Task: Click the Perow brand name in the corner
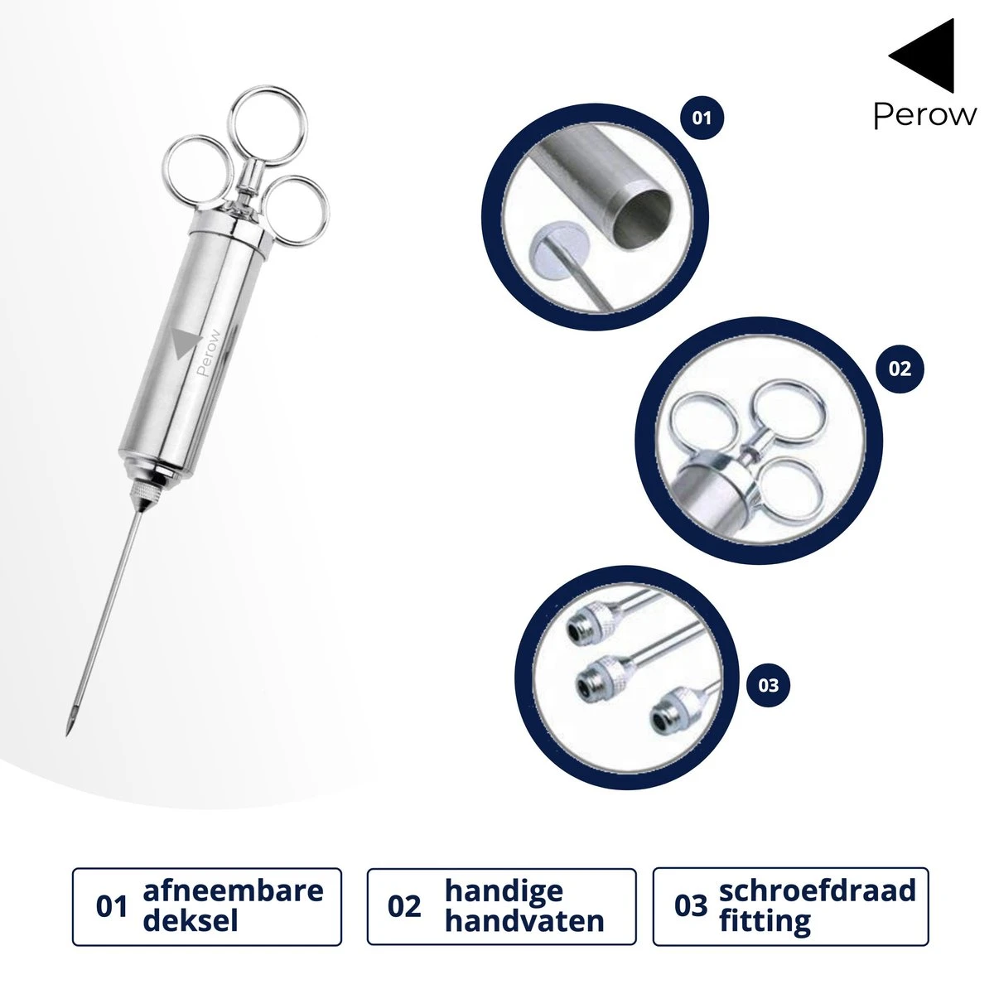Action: click(925, 114)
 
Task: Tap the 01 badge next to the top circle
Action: click(702, 118)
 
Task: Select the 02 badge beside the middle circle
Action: click(900, 369)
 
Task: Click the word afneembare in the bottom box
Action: click(233, 890)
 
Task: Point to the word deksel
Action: click(191, 921)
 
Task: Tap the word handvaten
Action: click(524, 921)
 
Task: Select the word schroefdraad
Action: click(818, 890)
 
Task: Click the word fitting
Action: click(765, 922)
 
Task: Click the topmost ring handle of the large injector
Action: click(268, 126)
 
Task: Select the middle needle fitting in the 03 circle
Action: click(604, 675)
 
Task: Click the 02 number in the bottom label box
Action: click(404, 907)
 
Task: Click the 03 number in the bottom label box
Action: click(690, 907)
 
